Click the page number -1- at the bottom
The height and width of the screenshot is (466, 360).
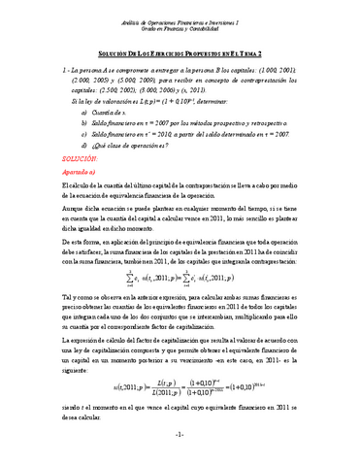point(180,457)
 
